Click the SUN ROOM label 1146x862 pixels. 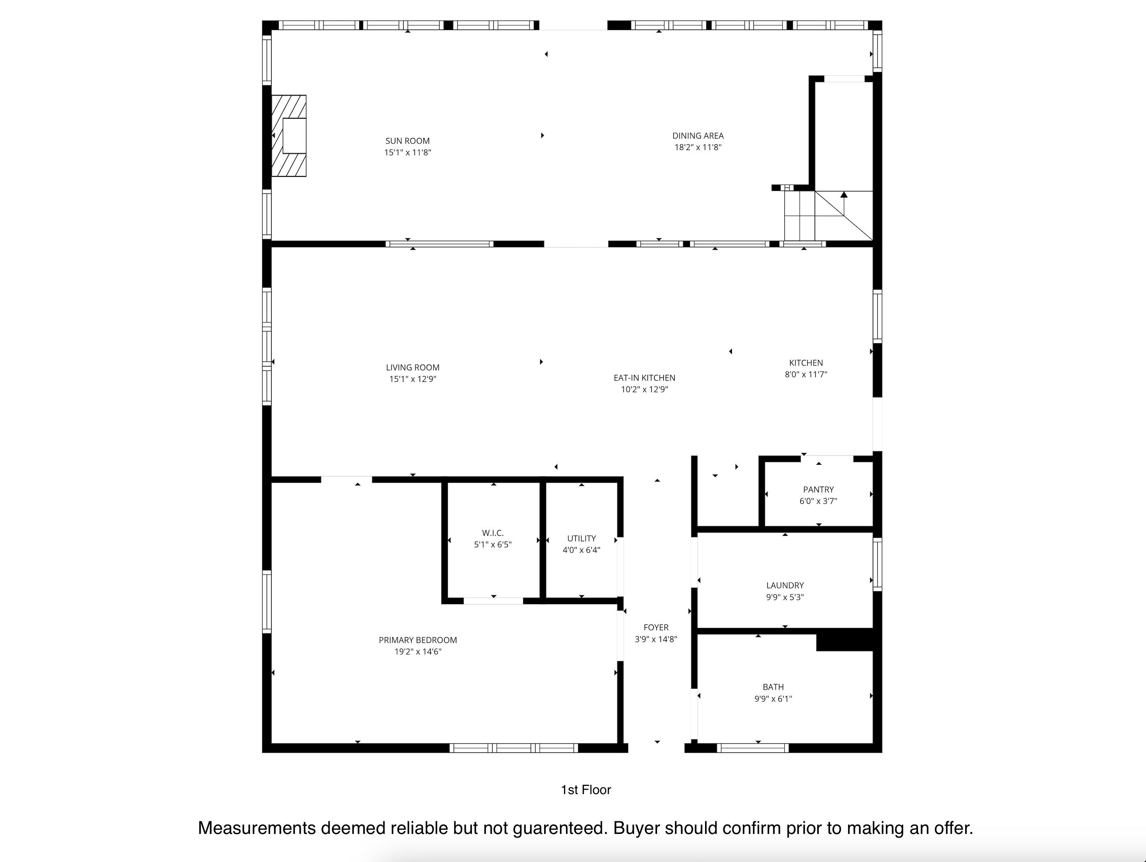(407, 141)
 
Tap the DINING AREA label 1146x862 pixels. (698, 136)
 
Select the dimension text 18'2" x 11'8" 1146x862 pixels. (698, 147)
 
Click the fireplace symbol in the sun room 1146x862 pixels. (289, 136)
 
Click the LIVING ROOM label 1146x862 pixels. (412, 368)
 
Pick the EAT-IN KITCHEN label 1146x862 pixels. (645, 378)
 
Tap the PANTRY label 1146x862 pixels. (818, 489)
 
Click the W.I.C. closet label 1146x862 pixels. (493, 533)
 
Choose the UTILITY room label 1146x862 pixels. (581, 539)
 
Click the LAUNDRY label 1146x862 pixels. (785, 585)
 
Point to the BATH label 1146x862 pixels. (773, 687)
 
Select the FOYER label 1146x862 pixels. (656, 628)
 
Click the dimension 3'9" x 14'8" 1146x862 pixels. (656, 639)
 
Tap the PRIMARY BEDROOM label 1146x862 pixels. (418, 640)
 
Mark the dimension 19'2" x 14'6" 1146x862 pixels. (418, 651)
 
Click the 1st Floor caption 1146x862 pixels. (586, 790)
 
